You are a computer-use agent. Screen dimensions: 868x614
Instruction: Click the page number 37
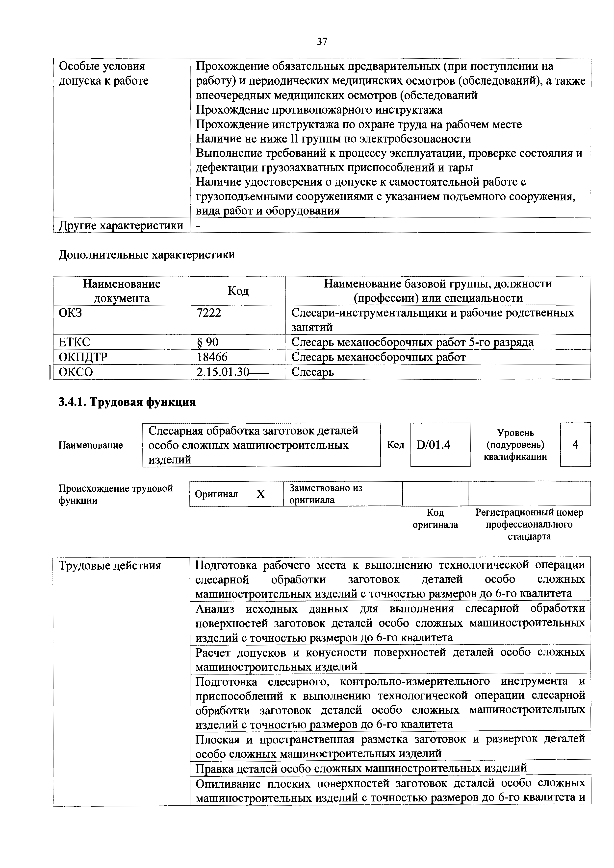322,42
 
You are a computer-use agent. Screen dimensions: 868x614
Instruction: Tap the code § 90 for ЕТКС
208,342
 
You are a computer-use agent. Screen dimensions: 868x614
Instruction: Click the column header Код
238,291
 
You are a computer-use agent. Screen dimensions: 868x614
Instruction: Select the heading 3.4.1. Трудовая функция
127,402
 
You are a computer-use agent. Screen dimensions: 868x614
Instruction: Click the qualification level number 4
575,445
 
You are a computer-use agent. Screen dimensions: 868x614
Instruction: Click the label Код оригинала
435,519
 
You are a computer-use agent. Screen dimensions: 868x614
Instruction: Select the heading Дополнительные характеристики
147,255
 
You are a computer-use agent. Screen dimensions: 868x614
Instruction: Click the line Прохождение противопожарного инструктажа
319,110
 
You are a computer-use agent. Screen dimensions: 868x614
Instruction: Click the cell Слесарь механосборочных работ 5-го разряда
412,342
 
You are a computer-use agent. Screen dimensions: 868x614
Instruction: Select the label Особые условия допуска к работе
103,73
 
